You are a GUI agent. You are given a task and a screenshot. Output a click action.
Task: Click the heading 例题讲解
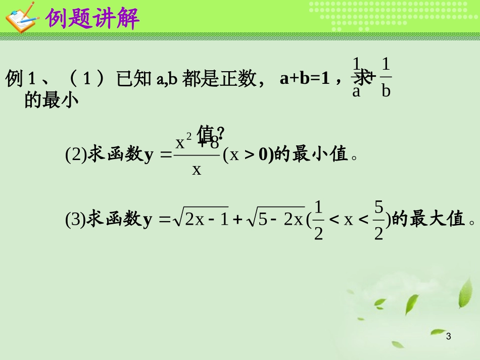[x=92, y=18]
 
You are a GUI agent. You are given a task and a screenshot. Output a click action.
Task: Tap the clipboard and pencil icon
[x=21, y=17]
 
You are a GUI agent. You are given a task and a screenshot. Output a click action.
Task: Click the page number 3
[x=450, y=337]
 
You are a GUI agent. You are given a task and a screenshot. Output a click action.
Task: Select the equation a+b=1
[x=303, y=79]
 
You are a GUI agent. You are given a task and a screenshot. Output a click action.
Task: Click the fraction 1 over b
[x=386, y=78]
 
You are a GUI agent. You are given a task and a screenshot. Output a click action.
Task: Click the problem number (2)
[x=76, y=154]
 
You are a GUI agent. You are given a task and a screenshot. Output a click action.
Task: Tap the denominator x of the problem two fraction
[x=197, y=169]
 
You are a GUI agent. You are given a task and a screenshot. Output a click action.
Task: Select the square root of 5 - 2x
[x=275, y=220]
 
